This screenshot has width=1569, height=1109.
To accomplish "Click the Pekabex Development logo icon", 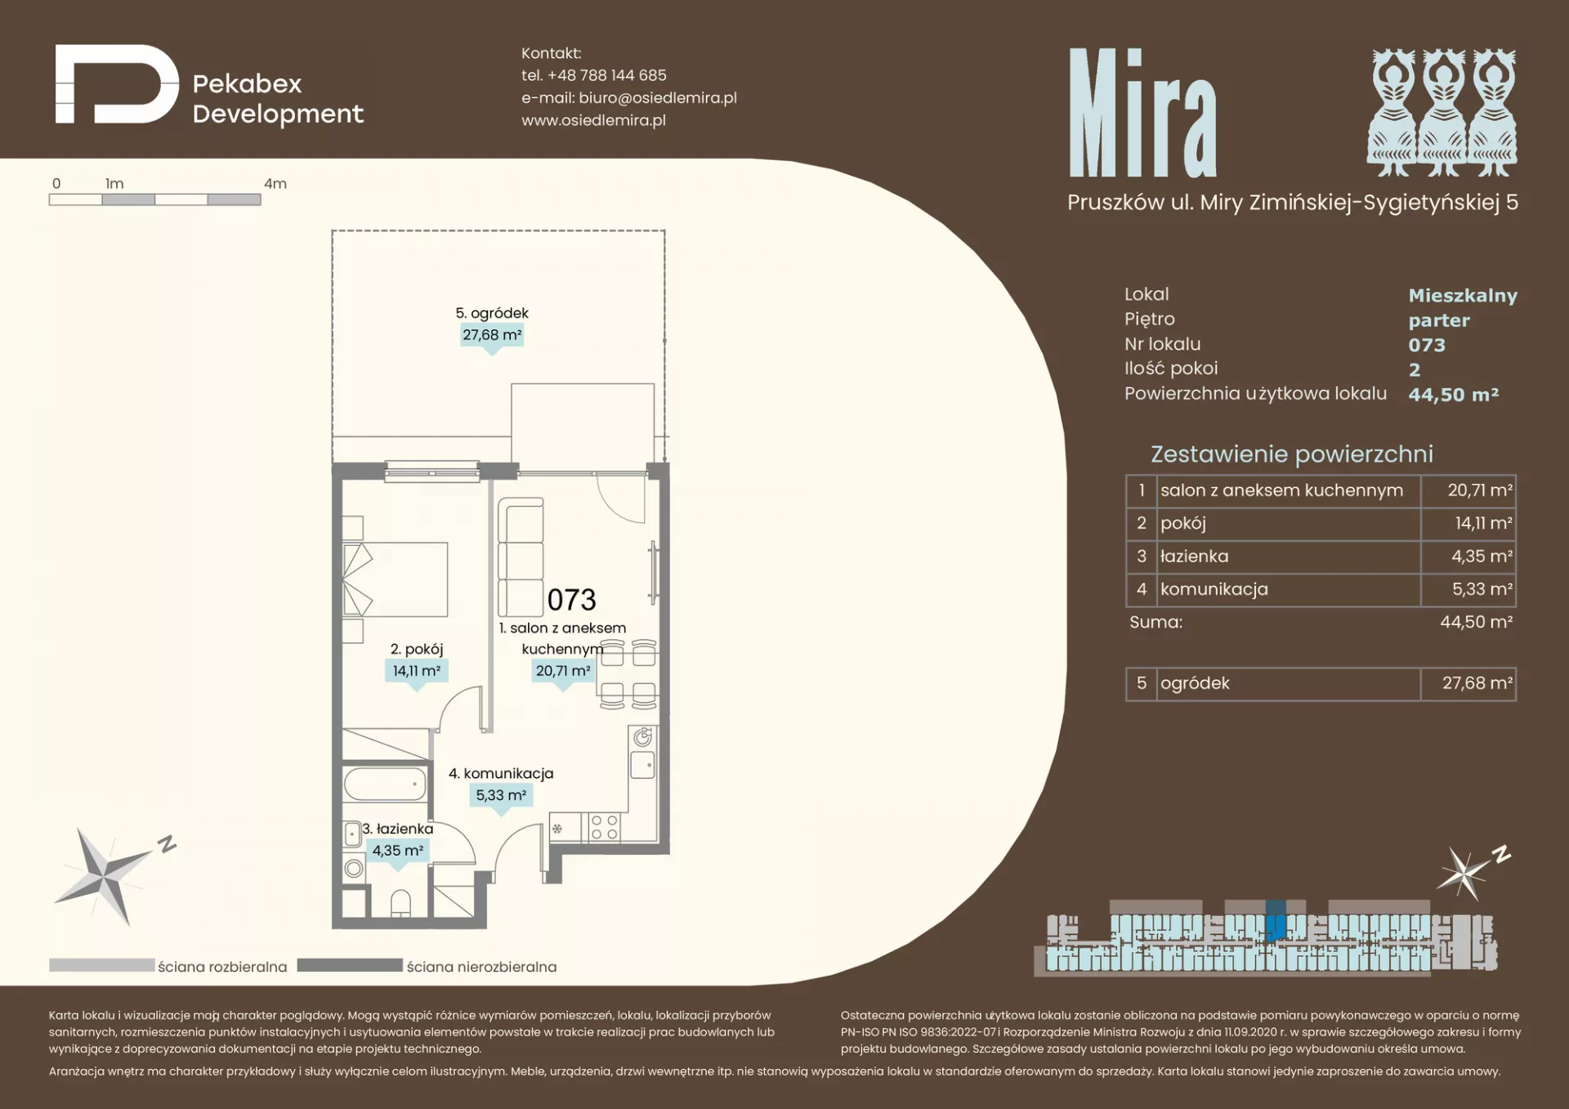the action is coord(117,84).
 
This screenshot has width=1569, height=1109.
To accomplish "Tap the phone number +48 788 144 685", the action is coord(607,75).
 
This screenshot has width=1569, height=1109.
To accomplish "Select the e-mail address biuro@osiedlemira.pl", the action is coord(658,98).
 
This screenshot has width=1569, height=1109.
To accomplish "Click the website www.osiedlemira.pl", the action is coord(594,120).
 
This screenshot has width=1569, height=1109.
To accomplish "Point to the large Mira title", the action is coord(1142,114).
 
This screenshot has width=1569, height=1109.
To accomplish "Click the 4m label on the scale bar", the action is coord(275,184).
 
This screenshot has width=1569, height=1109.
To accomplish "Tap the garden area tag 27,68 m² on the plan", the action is coord(492,335).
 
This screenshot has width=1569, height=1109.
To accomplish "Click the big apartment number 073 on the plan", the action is coord(572,600).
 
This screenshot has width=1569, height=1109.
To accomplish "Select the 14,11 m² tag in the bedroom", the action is coord(417,671).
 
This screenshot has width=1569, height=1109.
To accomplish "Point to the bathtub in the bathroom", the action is coord(385,785).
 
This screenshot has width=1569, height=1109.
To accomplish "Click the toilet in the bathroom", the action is coord(400,903).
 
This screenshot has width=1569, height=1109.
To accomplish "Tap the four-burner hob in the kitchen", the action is coord(604,827).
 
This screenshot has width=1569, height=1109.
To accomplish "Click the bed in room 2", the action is coord(396,579).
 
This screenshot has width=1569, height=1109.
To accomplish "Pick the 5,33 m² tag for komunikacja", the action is coord(501,795).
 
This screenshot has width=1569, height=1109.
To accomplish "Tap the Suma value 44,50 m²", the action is coord(1477,622).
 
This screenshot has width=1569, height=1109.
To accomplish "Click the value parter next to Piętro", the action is coord(1439,320).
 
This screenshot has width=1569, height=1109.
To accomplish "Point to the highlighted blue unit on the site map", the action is coord(1276,921).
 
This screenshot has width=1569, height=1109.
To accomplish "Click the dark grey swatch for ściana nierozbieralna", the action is coord(350,965).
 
